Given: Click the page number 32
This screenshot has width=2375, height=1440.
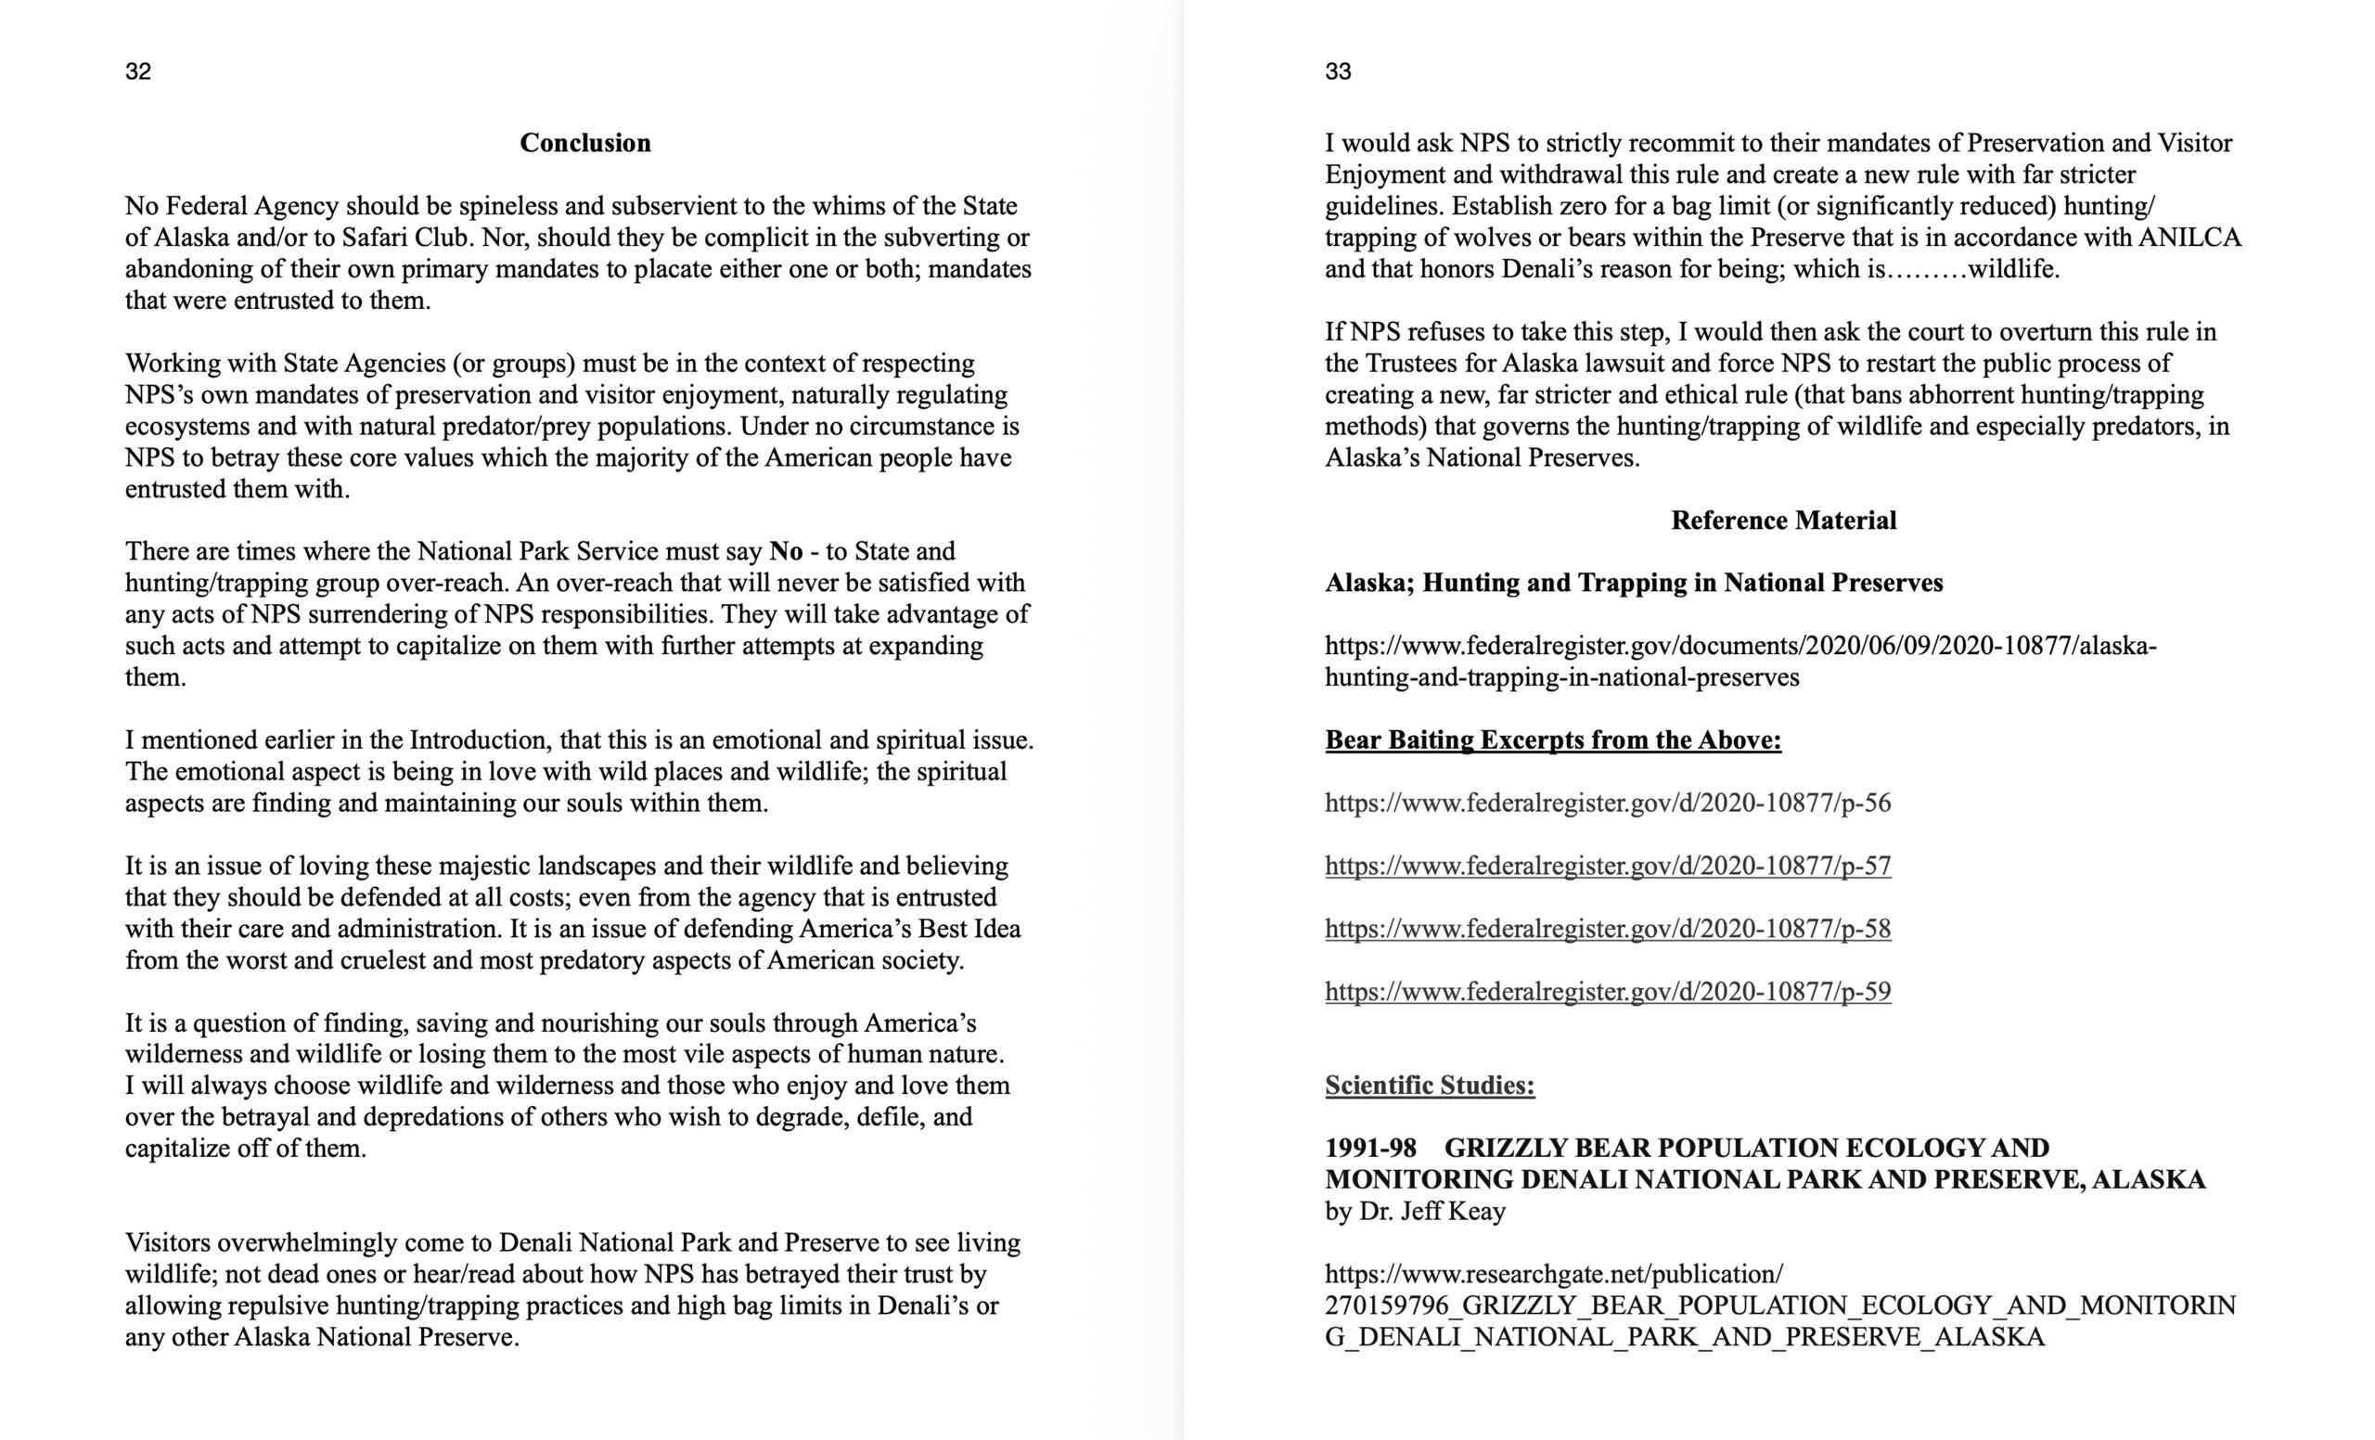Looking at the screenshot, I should pos(138,71).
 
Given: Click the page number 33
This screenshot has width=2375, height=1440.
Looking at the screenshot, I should pos(1338,71).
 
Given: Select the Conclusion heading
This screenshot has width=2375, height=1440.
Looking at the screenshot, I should pos(585,143).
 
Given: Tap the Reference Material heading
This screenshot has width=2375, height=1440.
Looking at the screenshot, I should pos(1783,521).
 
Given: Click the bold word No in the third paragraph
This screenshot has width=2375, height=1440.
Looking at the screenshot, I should pos(786,551).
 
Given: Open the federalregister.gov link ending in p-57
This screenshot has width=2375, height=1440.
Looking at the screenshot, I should pos(1608,866).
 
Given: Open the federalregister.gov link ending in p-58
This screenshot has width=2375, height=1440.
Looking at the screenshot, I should pos(1608,928).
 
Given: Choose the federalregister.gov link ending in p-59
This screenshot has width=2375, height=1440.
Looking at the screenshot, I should pos(1608,991).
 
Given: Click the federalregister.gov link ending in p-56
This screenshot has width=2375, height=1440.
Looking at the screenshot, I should pos(1608,803).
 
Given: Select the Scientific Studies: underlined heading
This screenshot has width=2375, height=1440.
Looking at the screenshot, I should pos(1430,1086).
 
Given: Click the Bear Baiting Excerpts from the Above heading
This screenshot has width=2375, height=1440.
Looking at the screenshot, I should pos(1553,740).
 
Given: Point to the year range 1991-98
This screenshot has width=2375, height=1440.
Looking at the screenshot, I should pos(1370,1148).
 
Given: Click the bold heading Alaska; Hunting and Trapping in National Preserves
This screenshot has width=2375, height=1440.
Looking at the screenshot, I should pos(1634,583).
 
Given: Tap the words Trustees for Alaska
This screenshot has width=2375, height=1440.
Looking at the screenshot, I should pos(1456,364).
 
